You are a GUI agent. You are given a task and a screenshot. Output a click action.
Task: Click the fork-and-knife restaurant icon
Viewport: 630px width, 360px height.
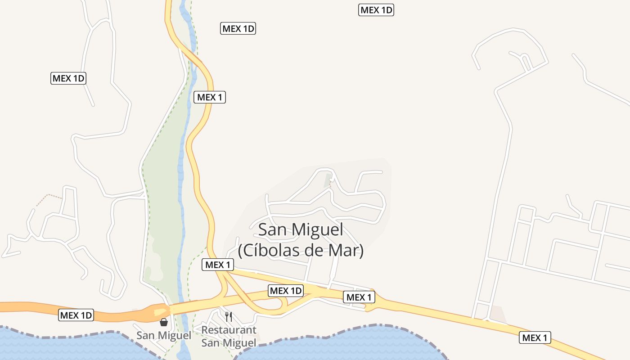229,316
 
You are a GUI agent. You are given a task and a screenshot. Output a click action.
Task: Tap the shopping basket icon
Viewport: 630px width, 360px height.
164,322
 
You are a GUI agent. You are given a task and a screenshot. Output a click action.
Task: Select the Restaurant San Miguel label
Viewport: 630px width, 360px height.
229,336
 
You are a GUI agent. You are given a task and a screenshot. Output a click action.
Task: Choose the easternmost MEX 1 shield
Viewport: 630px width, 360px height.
535,337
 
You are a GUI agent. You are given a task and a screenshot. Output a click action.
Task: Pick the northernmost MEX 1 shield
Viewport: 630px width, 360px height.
210,97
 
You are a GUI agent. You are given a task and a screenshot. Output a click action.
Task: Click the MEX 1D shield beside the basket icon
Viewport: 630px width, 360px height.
76,315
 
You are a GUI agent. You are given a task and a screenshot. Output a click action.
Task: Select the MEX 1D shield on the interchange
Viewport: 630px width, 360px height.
286,290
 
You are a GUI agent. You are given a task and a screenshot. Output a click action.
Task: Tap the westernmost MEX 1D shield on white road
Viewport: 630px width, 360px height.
68,78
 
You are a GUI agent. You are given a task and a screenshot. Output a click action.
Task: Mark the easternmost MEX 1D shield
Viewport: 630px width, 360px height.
376,10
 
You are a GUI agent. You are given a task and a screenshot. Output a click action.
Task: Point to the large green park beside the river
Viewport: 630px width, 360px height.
162,189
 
